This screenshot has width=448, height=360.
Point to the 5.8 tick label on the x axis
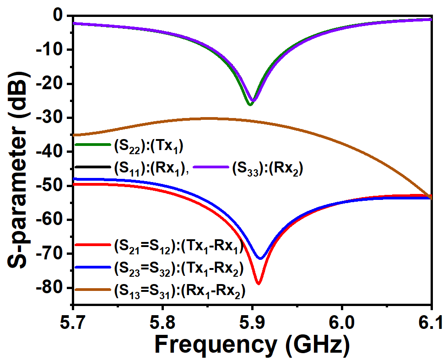coord(162,322)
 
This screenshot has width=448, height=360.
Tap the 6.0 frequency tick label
coord(341,322)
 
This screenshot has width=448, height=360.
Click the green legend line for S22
coord(92,145)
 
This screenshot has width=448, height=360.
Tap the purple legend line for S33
coord(211,167)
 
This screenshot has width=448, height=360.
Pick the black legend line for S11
coord(92,167)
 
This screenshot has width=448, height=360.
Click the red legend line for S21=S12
coord(92,245)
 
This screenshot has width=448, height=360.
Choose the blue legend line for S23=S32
coord(92,267)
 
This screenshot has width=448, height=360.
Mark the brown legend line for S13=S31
coord(92,290)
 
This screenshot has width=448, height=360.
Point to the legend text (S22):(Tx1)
coord(149,146)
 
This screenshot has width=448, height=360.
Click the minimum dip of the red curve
coord(259,284)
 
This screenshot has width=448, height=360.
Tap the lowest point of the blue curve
coord(260,258)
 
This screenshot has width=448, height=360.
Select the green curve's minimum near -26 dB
coord(250,105)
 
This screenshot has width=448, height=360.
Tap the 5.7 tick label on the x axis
coord(73,322)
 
